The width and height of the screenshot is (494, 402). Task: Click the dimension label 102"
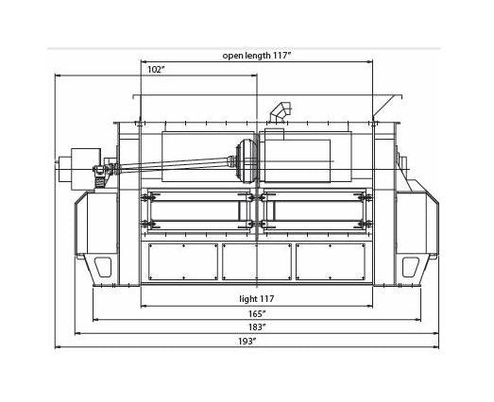[x=156, y=70]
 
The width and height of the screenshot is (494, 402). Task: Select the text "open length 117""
[x=257, y=56]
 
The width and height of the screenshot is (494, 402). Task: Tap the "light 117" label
[x=257, y=299]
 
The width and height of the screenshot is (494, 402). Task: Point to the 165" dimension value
[x=257, y=314]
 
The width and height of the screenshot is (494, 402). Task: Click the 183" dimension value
[x=257, y=327]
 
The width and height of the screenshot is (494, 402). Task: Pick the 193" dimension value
[x=247, y=342]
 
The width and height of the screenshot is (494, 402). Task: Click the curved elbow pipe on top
[x=281, y=112]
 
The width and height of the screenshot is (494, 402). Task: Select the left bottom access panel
[x=183, y=261]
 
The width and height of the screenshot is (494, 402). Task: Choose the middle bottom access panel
[x=257, y=261]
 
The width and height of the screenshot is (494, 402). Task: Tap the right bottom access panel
[x=331, y=261]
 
